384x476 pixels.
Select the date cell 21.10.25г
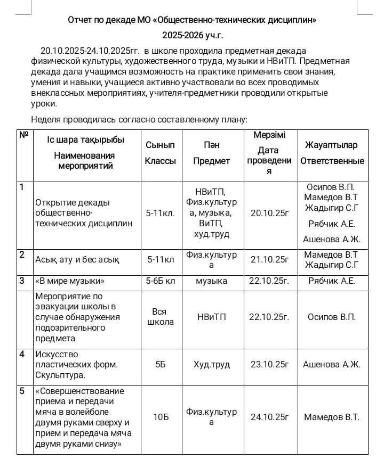click(269, 260)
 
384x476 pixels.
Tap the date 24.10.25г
click(269, 417)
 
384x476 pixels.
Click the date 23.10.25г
click(269, 365)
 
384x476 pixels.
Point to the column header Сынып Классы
click(161, 153)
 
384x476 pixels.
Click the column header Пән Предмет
click(212, 153)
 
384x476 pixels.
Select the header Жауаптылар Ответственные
click(332, 153)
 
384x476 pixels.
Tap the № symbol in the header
click(24, 135)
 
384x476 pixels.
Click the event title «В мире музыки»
click(70, 281)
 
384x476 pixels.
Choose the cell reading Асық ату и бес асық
click(77, 260)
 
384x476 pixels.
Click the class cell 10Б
click(161, 417)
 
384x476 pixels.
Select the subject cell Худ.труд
click(212, 365)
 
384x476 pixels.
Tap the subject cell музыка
click(212, 281)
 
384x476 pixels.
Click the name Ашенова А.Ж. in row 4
click(332, 365)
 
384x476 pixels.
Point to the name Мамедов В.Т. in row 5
click(332, 417)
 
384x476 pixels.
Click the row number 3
click(22, 280)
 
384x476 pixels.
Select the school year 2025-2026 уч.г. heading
click(193, 36)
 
